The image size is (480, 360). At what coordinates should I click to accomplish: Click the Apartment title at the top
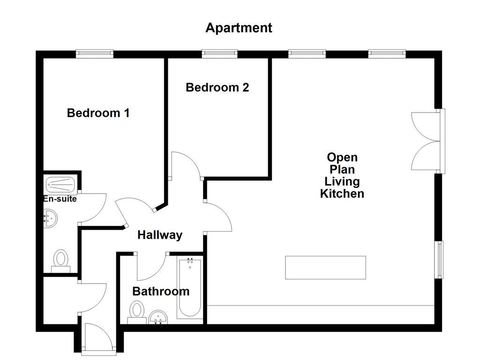(239, 28)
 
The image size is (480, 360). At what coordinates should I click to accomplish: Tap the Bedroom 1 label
(98, 113)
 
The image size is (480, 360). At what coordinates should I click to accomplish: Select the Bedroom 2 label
(217, 88)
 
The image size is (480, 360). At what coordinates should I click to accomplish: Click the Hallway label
(159, 235)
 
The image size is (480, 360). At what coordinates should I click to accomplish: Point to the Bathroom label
(161, 291)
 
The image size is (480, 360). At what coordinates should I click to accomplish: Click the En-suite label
(60, 199)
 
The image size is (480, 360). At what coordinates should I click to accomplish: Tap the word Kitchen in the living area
(342, 194)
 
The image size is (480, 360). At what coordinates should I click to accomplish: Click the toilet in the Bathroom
(136, 312)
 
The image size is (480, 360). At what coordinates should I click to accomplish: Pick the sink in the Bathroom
(158, 317)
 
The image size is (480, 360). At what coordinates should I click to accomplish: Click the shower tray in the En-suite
(60, 183)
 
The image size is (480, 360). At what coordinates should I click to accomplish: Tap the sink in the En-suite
(49, 218)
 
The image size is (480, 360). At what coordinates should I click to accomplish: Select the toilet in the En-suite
(60, 261)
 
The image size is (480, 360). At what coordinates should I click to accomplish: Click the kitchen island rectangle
(325, 267)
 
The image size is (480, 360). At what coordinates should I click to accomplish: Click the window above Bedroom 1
(95, 53)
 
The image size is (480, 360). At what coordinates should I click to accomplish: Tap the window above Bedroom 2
(219, 53)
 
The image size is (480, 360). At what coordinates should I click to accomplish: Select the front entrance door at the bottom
(97, 337)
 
